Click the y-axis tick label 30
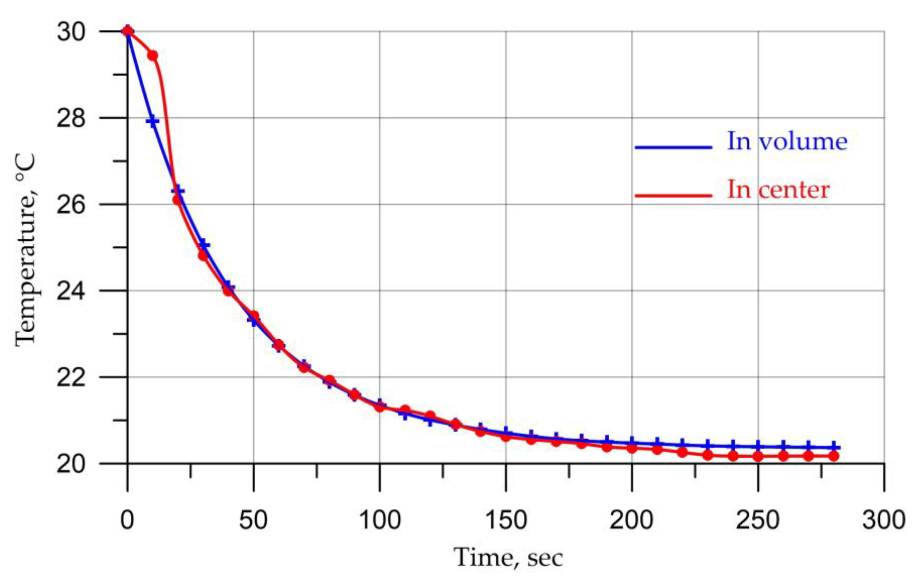click(71, 32)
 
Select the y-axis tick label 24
click(71, 291)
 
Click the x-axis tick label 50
click(253, 520)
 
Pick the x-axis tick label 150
click(506, 520)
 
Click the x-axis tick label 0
click(127, 520)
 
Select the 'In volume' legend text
click(787, 142)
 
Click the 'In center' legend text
click(778, 190)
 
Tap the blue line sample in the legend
click(673, 147)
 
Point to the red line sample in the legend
click(673, 196)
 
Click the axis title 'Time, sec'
click(508, 558)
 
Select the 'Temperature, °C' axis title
click(26, 250)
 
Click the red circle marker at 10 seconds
click(152, 56)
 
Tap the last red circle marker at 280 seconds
click(833, 456)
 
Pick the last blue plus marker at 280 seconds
click(833, 447)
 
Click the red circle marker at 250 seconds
click(758, 456)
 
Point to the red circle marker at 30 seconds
click(203, 255)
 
